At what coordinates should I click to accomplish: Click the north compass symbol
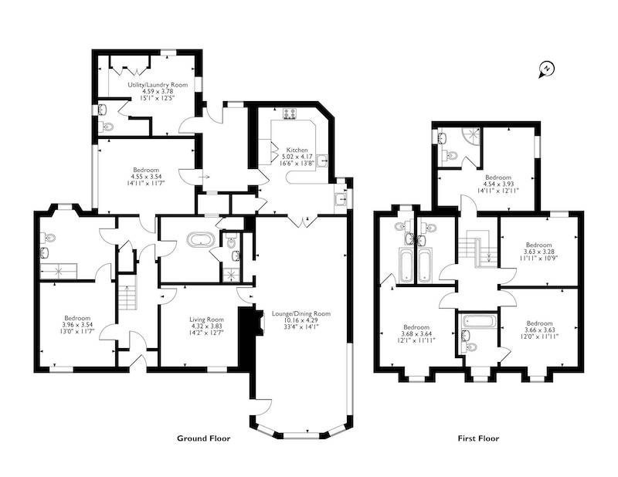pyautogui.click(x=546, y=69)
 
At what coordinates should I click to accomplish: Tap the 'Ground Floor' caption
pyautogui.click(x=203, y=438)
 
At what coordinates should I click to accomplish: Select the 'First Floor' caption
pyautogui.click(x=478, y=438)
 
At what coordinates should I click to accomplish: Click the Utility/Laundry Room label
pyautogui.click(x=158, y=85)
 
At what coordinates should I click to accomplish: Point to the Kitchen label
pyautogui.click(x=297, y=150)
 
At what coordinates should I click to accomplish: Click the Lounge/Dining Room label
pyautogui.click(x=301, y=314)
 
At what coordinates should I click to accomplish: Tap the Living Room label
pyautogui.click(x=206, y=320)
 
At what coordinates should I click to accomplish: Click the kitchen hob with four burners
pyautogui.click(x=290, y=113)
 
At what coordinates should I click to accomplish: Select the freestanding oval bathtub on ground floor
pyautogui.click(x=201, y=239)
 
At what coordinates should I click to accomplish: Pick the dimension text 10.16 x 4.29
pyautogui.click(x=301, y=320)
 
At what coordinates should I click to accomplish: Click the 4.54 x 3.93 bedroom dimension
pyautogui.click(x=497, y=184)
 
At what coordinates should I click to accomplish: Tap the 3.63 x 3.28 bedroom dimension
pyautogui.click(x=538, y=252)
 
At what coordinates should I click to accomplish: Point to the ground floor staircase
pyautogui.click(x=127, y=293)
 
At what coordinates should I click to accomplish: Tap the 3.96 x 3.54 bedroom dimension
pyautogui.click(x=77, y=325)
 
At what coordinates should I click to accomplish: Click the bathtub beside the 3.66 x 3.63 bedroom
pyautogui.click(x=478, y=321)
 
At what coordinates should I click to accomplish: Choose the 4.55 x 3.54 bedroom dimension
pyautogui.click(x=146, y=177)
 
